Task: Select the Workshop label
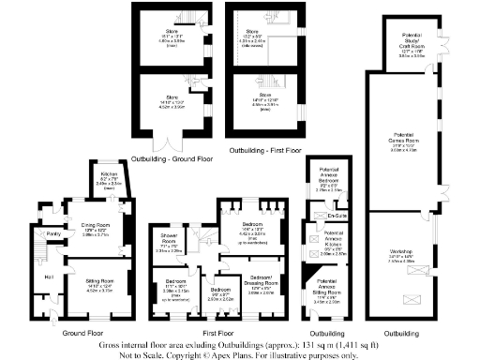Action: pyautogui.click(x=400, y=251)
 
